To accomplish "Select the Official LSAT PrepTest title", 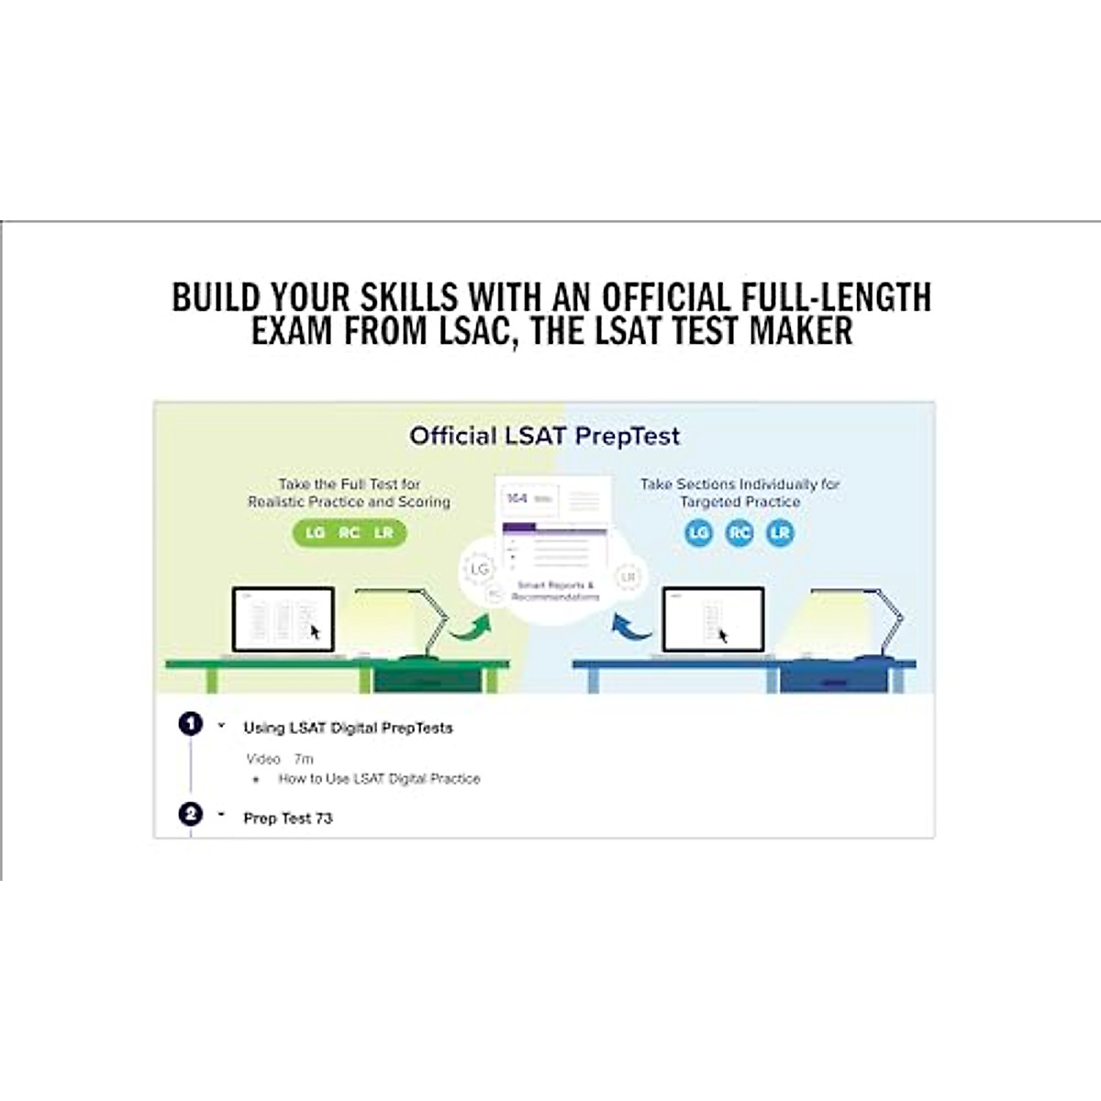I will point(544,436).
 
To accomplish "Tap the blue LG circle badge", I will point(699,533).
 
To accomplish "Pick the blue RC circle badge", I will point(740,533).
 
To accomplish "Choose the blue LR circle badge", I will point(780,533).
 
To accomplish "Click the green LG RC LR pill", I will point(349,533).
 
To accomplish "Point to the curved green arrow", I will point(470,628).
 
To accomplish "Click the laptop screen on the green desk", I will point(283,619).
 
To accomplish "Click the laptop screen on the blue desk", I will point(713,619).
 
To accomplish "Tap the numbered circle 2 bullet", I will point(190,814).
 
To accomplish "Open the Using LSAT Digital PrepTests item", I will point(348,728).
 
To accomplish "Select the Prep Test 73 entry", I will point(287,818).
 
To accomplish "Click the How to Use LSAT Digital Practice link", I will point(379,779).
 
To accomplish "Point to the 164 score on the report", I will point(517,498).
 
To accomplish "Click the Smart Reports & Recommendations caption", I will point(555,591).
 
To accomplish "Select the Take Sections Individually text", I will point(740,484).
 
